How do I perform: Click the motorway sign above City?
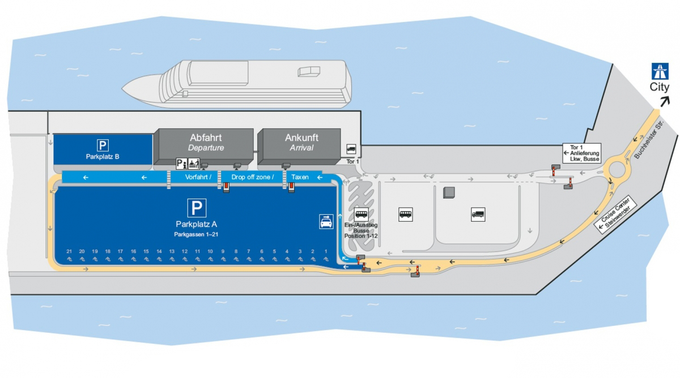point(659,72)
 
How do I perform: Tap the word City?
point(659,87)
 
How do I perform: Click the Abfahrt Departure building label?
point(206,142)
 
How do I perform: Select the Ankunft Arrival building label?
point(301,142)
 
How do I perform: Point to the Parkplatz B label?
point(103,156)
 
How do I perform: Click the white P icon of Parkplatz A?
point(197,208)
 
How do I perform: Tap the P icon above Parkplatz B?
point(103,145)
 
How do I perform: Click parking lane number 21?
point(69,251)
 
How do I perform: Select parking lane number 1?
point(326,251)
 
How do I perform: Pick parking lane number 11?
point(197,251)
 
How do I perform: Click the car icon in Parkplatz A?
point(326,221)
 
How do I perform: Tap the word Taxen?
point(300,177)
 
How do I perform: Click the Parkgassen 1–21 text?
point(197,233)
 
